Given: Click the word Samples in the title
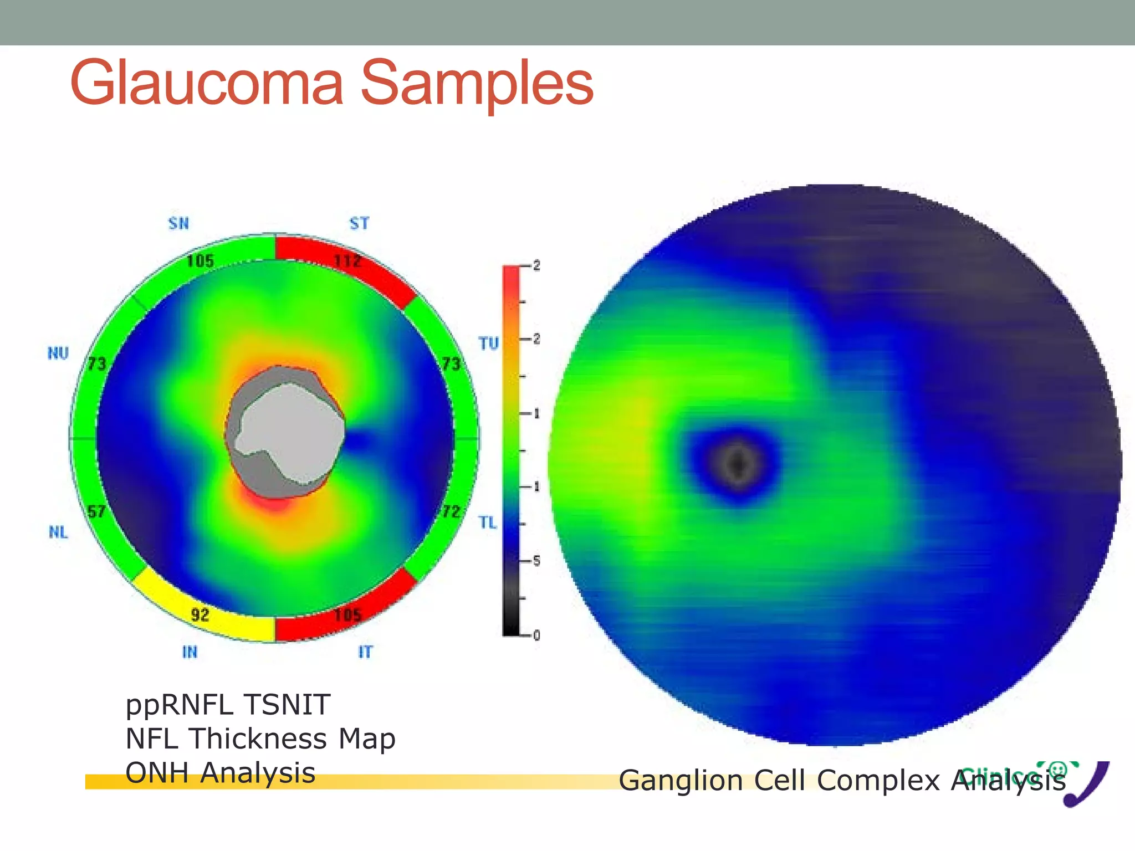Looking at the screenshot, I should coord(478,83).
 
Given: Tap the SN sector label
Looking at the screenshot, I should coord(178,223).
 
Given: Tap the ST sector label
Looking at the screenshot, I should coord(359,223).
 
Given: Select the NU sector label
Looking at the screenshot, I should coord(58,353).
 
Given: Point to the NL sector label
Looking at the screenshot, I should coord(58,532).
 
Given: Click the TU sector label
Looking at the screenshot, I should coord(489,344).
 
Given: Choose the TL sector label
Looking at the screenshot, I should coord(488,522).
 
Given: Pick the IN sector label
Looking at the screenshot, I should coord(190,652).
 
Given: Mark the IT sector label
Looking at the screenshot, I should coord(365,652).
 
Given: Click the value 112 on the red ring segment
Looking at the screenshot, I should coord(347,260).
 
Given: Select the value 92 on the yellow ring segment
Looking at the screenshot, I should coord(200,614).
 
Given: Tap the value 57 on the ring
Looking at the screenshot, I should coord(96,511).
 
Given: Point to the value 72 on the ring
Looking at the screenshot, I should coord(451,511).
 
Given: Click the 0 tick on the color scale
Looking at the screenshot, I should coord(536,635).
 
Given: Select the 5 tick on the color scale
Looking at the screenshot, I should coord(536,561).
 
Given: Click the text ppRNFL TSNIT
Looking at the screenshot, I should coord(228,705).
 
